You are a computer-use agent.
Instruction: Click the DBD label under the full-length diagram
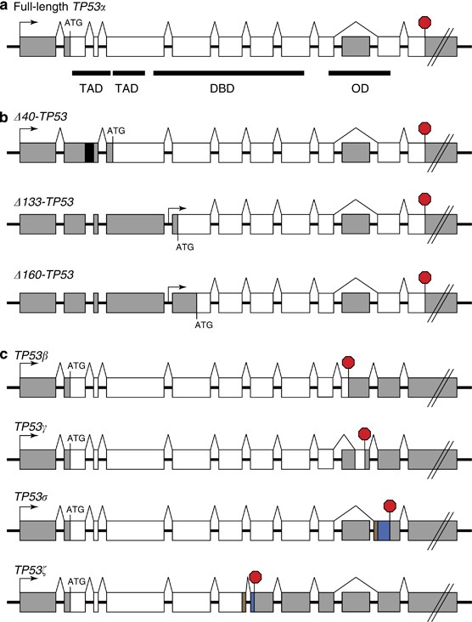228,89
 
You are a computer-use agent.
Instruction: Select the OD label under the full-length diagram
359,89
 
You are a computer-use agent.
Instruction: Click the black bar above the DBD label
228,73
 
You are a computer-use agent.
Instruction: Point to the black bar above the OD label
359,73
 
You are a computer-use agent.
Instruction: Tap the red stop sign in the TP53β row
347,363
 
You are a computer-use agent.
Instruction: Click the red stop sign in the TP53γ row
365,434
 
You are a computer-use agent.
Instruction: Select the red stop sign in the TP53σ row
391,506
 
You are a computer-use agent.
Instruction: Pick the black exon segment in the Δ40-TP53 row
89,152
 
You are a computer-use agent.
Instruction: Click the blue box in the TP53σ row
384,531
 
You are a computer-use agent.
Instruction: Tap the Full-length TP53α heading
58,8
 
